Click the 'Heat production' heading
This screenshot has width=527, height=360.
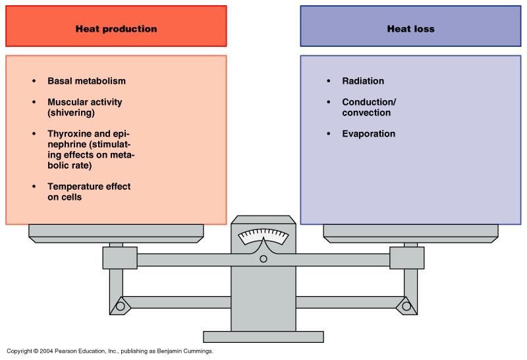point(116,29)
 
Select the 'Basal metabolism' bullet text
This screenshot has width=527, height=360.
point(86,81)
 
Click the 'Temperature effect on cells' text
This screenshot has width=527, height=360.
point(89,192)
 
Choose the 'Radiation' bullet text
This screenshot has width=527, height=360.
point(363,81)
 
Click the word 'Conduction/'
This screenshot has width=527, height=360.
point(369,102)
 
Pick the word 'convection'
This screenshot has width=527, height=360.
point(366,113)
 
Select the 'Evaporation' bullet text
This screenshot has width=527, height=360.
point(369,134)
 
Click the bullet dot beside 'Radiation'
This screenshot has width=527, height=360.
point(329,81)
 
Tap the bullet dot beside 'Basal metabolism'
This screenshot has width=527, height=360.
point(34,81)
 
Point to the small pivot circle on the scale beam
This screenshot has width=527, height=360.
point(263,258)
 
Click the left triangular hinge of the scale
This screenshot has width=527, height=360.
point(121,305)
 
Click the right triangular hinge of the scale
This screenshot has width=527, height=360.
point(406,305)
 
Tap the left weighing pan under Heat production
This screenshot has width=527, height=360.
point(116,231)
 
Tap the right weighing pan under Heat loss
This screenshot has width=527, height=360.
point(410,231)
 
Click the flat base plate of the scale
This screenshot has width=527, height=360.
point(263,336)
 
